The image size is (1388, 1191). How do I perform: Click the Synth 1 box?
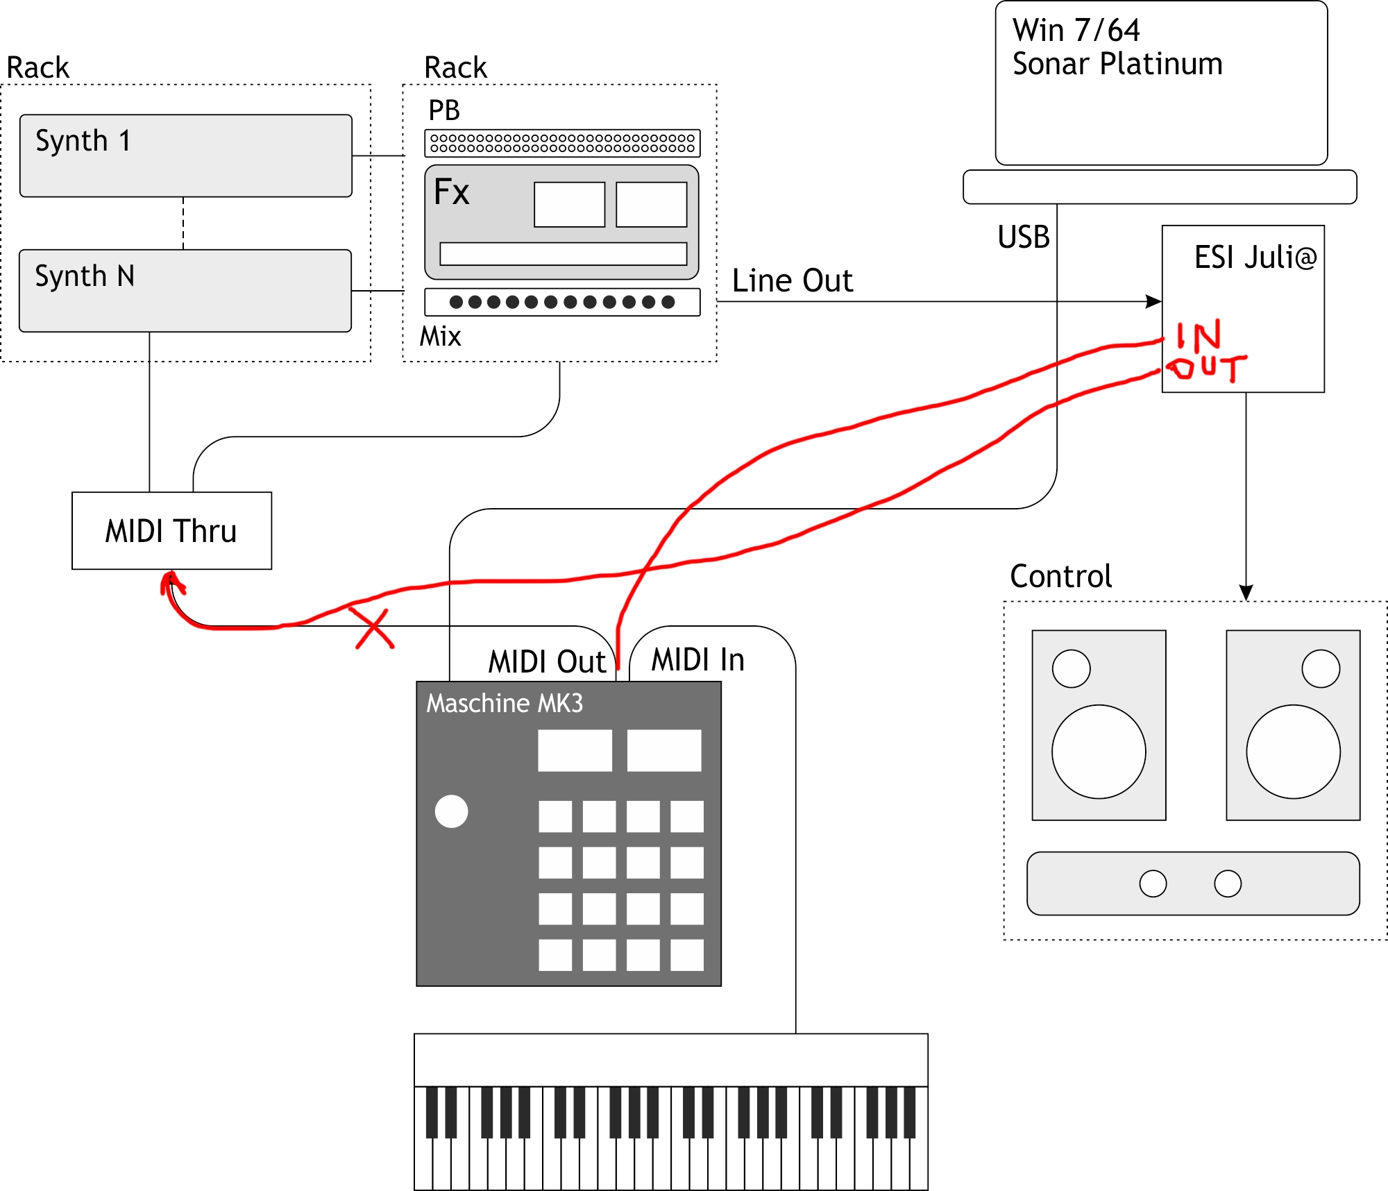[x=185, y=155]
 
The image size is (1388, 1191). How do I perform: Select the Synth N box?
[x=185, y=290]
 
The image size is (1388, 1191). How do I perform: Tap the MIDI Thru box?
[x=171, y=531]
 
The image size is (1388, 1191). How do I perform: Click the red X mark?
[x=374, y=627]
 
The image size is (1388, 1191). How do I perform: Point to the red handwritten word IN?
[x=1199, y=336]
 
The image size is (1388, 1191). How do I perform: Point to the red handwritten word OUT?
[x=1207, y=367]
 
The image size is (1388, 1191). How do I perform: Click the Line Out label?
[x=793, y=281]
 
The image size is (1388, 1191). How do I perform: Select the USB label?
[x=1023, y=237]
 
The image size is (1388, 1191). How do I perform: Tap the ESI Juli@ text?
[x=1255, y=257]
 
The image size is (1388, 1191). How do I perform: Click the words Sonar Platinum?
[x=1117, y=64]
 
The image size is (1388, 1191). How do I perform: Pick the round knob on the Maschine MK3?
[x=451, y=811]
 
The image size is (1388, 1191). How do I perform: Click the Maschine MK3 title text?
[x=505, y=703]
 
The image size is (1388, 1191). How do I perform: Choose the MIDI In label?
[x=697, y=659]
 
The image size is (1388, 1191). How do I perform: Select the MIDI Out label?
[x=547, y=661]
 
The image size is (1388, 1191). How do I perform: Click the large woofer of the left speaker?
[x=1099, y=752]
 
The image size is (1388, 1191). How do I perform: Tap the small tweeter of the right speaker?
[x=1321, y=668]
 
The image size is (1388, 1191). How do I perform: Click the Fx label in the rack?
[x=451, y=192]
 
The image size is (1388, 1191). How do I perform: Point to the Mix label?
[x=440, y=337]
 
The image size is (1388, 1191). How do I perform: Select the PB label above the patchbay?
[x=444, y=110]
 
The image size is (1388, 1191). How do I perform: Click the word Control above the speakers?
[x=1060, y=576]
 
